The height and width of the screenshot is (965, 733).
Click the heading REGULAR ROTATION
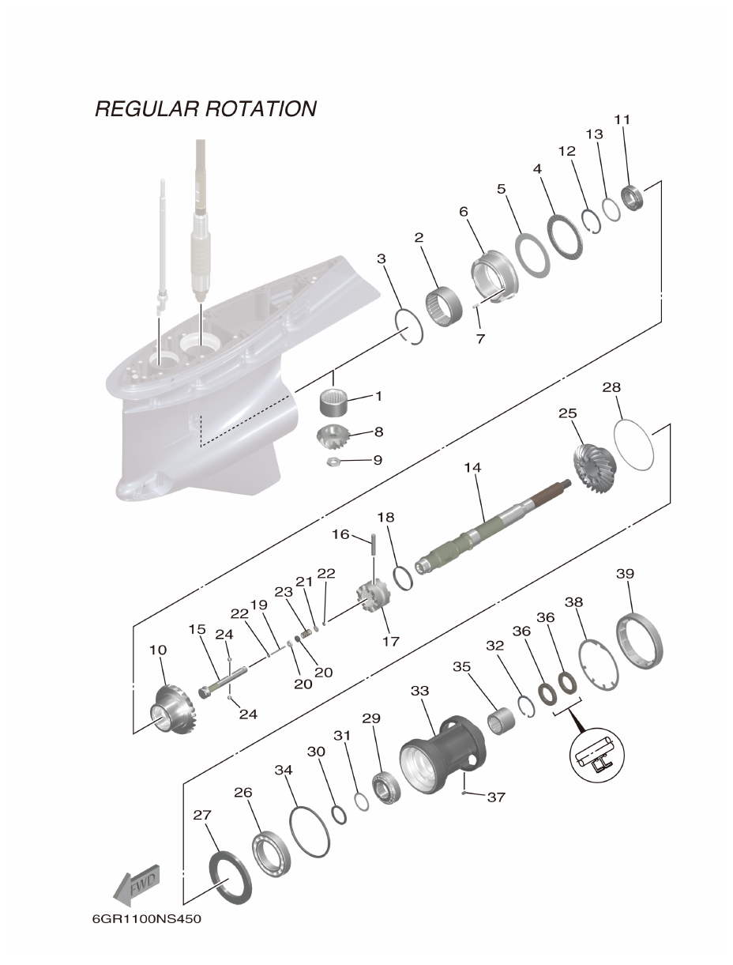click(x=205, y=108)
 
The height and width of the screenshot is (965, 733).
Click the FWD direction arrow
click(x=139, y=884)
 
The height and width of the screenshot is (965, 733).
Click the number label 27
click(x=203, y=813)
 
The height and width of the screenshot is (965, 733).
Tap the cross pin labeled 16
click(x=371, y=545)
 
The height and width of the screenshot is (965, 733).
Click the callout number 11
click(x=622, y=119)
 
